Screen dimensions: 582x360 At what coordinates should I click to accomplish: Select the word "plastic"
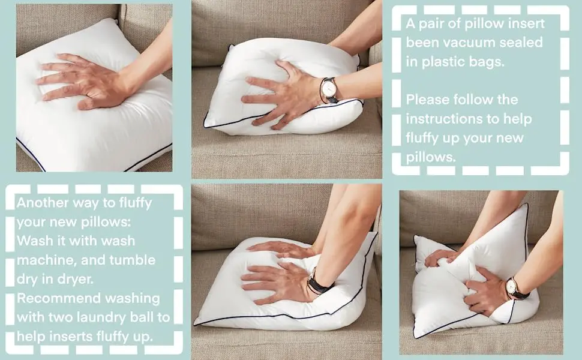point(443,61)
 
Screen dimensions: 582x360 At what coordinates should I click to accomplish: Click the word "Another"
point(43,203)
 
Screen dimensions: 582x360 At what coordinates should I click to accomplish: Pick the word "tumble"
point(133,260)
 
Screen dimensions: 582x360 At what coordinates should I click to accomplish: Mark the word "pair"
point(432,24)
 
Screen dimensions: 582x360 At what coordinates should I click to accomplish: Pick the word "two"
point(59,317)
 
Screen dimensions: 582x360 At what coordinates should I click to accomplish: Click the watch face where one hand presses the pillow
point(329,89)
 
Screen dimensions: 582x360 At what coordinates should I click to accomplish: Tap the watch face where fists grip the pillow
point(512,287)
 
